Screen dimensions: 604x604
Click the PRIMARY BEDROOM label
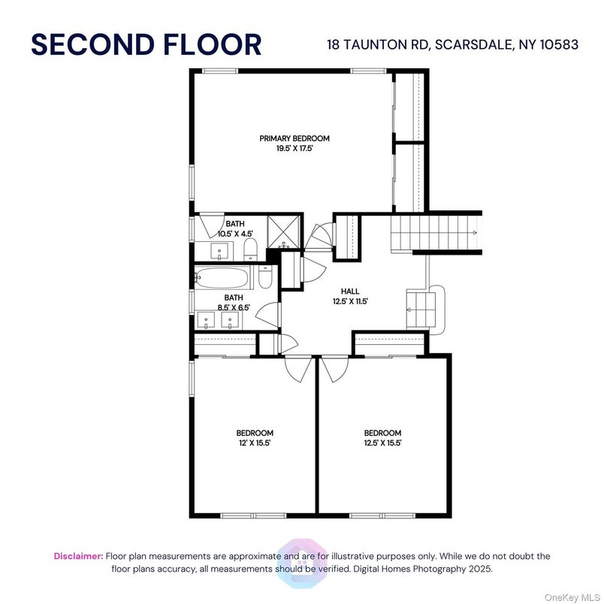[294, 138]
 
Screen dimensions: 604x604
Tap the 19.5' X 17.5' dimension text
[294, 148]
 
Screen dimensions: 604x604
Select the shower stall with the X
[283, 232]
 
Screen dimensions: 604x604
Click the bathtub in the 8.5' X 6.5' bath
[222, 278]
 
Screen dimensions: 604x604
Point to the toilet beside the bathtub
[265, 276]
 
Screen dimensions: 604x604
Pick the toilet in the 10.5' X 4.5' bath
[250, 249]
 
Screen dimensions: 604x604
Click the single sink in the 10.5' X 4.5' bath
[219, 251]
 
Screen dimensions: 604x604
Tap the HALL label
[350, 291]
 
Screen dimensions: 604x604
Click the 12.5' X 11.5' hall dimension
[350, 301]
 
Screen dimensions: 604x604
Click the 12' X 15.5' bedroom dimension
[255, 443]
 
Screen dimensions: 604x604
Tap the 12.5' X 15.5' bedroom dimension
[382, 443]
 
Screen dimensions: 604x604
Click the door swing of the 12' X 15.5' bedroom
[298, 369]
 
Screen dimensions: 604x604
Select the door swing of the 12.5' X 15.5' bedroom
[335, 369]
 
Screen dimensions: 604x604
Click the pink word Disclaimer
[79, 556]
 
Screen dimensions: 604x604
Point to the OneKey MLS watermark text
[572, 598]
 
